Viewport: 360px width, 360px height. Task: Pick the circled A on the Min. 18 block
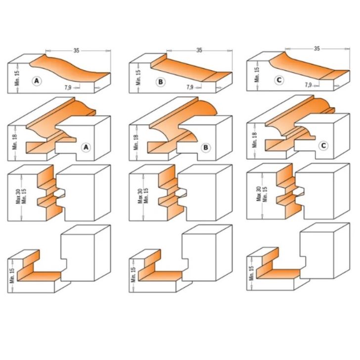pos(86,147)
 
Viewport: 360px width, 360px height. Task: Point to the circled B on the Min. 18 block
pos(206,147)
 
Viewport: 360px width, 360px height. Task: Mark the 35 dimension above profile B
pos(199,50)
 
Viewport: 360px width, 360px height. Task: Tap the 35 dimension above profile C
pos(316,48)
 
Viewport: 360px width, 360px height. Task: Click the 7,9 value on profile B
pos(190,87)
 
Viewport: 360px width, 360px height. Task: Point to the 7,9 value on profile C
pos(308,85)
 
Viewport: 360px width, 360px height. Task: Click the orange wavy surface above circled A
pos(69,69)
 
